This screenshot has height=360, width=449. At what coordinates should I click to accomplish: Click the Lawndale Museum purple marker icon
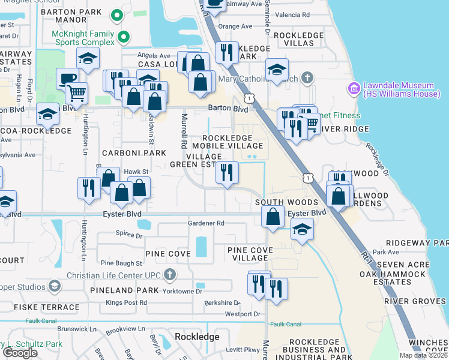click(x=354, y=89)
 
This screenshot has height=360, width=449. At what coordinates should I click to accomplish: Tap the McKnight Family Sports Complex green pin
click(x=123, y=37)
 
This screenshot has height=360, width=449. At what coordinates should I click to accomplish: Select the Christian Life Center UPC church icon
click(x=170, y=275)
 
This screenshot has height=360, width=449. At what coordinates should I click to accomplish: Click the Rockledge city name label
click(x=197, y=337)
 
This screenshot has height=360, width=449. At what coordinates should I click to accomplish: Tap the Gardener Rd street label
click(x=206, y=223)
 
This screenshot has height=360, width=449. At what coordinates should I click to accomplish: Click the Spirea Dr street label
click(x=130, y=236)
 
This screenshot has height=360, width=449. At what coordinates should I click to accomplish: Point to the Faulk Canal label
click(x=285, y=325)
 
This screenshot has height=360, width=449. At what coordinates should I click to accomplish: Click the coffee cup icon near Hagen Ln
click(x=67, y=79)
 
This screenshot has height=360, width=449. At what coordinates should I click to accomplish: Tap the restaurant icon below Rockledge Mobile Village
click(x=227, y=172)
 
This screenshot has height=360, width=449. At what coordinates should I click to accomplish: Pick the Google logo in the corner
click(x=19, y=353)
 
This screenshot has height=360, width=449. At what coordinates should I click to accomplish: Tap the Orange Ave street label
click(x=235, y=26)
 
